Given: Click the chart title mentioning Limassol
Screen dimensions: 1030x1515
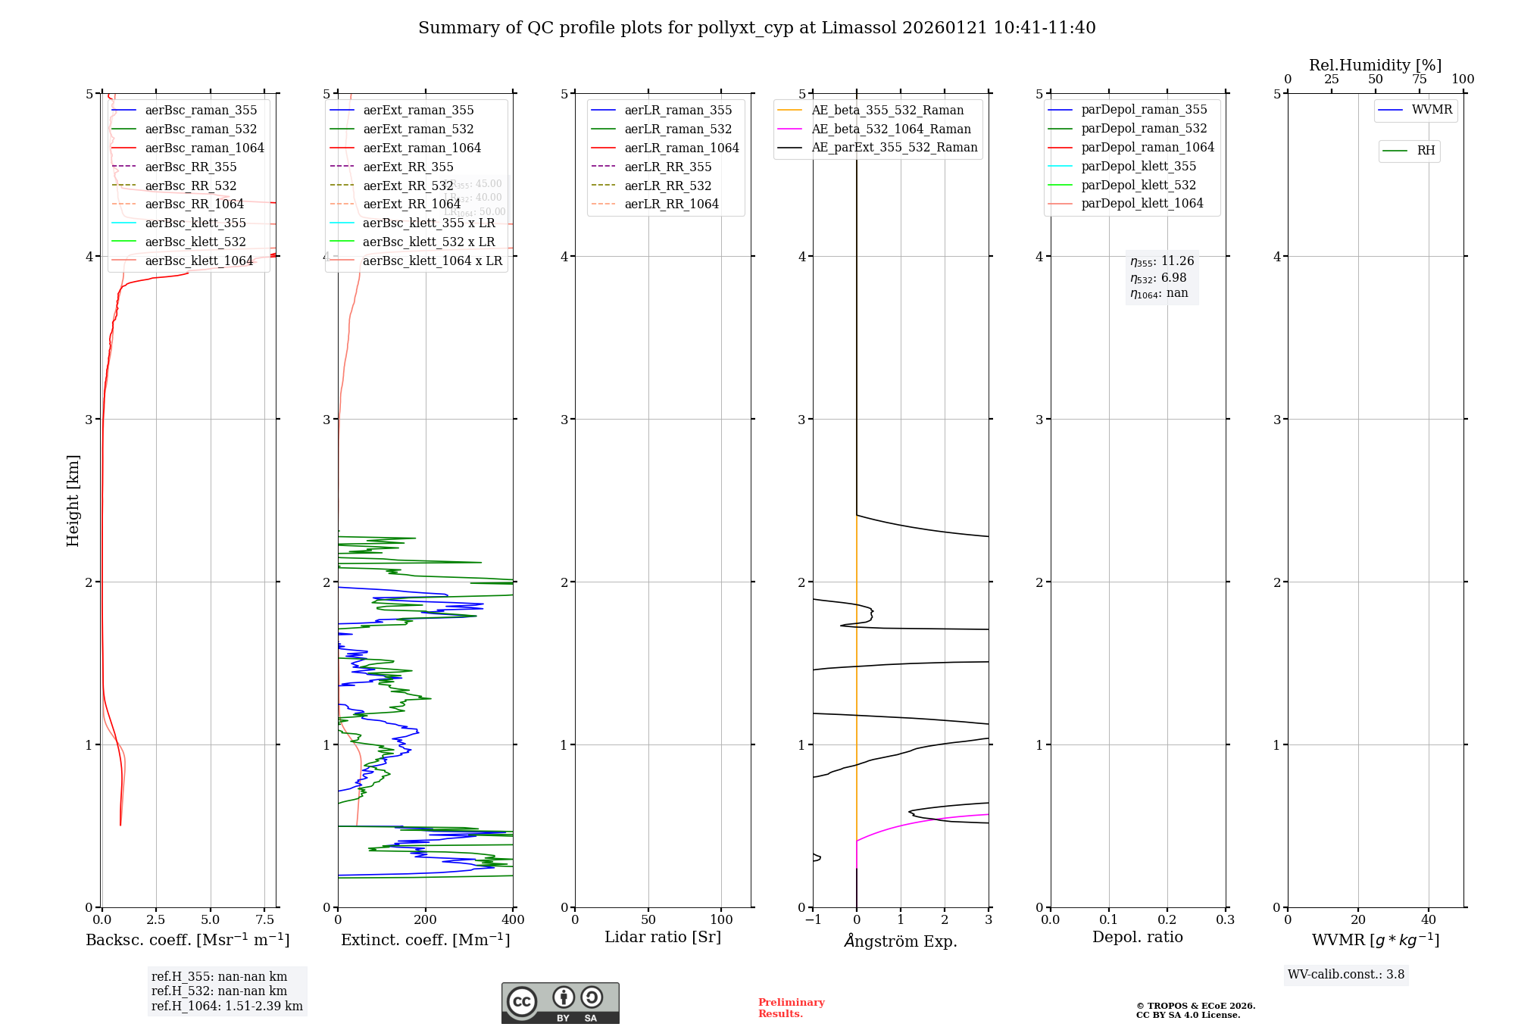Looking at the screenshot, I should [x=757, y=28].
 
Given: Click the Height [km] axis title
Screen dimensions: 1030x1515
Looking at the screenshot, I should [x=73, y=501].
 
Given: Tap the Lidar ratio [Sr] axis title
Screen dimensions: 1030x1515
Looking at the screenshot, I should [x=663, y=938].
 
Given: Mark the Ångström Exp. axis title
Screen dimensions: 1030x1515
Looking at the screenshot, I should [x=901, y=941].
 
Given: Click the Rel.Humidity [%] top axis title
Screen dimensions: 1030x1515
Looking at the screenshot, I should [x=1375, y=65].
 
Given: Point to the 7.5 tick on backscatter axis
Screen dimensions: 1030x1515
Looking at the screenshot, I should [x=264, y=920].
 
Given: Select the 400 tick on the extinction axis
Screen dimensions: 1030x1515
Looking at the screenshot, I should [x=513, y=920].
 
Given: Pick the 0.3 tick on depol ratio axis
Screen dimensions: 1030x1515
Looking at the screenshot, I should [x=1225, y=920].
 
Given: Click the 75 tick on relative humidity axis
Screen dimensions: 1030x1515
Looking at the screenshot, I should [x=1419, y=80].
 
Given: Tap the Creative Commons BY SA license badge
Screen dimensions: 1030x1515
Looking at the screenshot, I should [x=560, y=1003].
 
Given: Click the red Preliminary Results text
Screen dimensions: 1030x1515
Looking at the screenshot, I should [x=791, y=1008].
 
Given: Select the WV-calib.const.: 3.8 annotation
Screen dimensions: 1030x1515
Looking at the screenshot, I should [x=1346, y=975].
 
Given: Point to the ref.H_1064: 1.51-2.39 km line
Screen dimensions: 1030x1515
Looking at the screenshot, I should [x=226, y=1007].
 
